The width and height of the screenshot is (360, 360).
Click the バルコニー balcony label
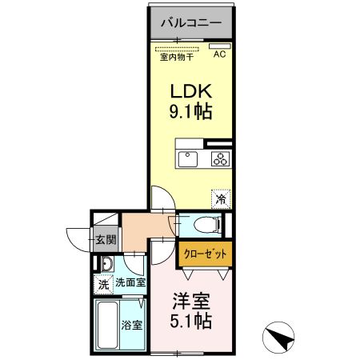coord(190,22)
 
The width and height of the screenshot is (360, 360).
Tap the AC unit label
coord(219,54)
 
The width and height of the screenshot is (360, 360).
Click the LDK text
coord(189,89)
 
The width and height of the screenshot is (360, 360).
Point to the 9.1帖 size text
coord(190,112)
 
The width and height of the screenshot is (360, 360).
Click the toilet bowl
coord(204,225)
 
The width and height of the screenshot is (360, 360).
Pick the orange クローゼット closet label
coord(205,254)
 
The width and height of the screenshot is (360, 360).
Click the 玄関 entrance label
coord(106,238)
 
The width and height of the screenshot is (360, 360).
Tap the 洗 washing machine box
coord(103,282)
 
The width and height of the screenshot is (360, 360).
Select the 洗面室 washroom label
coord(130,282)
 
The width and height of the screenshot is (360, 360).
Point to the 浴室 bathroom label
coord(131,326)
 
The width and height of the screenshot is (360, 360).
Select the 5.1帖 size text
coord(191,323)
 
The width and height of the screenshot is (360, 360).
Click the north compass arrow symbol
coord(279,338)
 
